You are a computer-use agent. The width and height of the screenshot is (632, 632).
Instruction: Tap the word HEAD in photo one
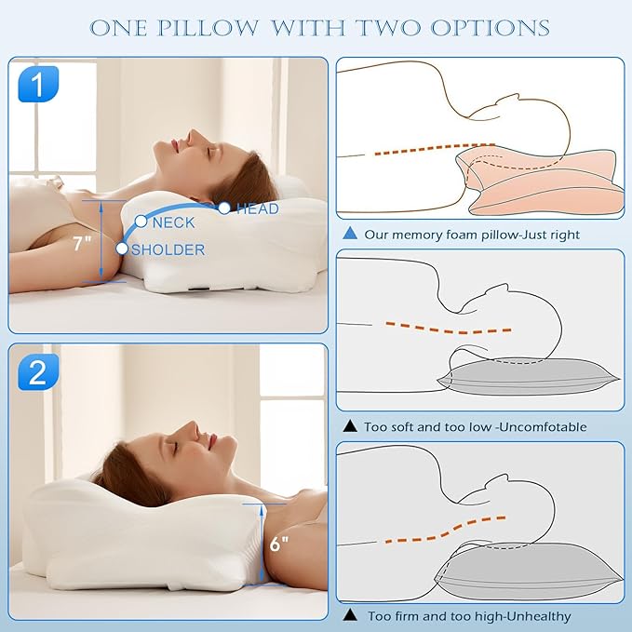[257, 208]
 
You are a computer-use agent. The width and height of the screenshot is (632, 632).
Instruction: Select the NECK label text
[174, 222]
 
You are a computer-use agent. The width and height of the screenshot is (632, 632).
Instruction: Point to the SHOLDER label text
[168, 249]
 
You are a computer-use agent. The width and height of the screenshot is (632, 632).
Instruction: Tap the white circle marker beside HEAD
[224, 208]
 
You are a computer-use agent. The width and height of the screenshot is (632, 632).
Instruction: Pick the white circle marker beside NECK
[141, 222]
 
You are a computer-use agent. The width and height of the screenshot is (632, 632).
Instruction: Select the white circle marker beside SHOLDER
[122, 249]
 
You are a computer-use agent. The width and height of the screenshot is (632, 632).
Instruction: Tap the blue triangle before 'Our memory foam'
[351, 235]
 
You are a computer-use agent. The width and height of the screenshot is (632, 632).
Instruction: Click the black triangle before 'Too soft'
[351, 426]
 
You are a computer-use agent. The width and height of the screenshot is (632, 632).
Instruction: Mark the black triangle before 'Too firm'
[351, 615]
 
